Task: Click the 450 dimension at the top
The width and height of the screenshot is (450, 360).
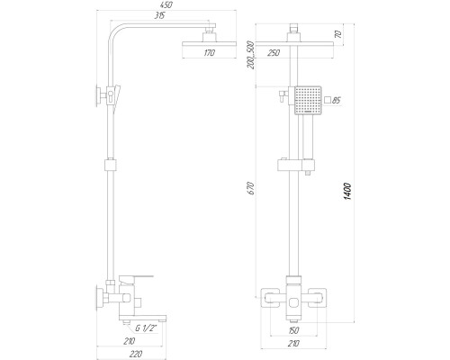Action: coord(166,5)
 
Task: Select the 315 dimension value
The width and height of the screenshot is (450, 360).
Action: coord(159,15)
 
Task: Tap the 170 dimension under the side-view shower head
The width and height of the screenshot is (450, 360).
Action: coord(209,53)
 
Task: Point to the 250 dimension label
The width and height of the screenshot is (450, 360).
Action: coord(274,53)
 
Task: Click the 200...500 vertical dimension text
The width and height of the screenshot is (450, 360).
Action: coord(251,55)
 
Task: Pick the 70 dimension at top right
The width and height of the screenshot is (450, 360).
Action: coord(338,33)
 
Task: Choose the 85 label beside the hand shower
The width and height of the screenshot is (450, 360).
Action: coord(337,100)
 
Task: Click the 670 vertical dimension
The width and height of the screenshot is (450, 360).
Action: coord(251,188)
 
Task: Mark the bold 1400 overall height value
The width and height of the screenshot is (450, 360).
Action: coord(347,191)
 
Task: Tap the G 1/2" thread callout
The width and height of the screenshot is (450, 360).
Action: coord(146,328)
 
